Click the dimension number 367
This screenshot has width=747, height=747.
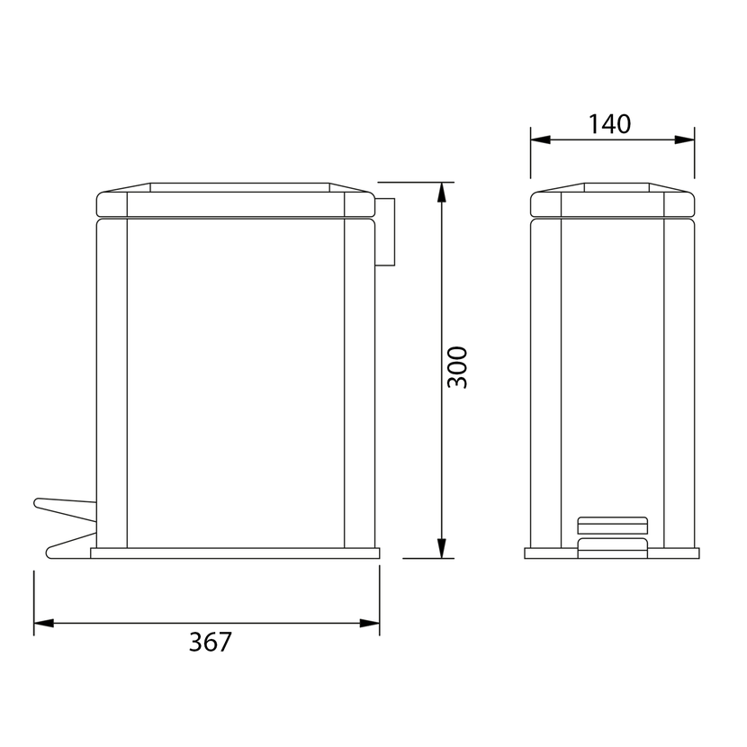point(210,643)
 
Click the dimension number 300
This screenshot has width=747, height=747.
point(458,367)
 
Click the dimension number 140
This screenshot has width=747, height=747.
point(610,124)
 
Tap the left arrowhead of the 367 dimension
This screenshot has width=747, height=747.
point(44,623)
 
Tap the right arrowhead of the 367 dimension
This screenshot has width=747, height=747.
point(370,623)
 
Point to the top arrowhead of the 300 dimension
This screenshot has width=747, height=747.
point(442,192)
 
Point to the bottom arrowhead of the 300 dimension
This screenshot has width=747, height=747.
point(442,548)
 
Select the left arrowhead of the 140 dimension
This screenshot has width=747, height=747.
point(541,139)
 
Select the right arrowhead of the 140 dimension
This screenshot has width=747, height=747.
point(685,139)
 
